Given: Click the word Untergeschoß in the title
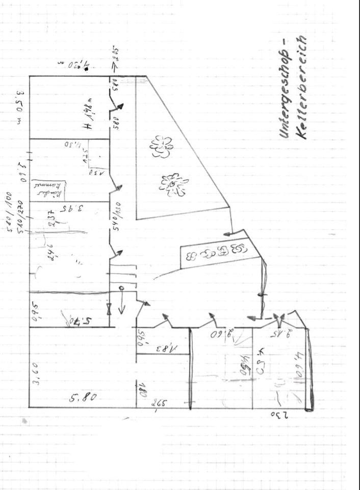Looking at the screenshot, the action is (284, 93).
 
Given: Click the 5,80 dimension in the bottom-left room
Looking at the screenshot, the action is (82, 396).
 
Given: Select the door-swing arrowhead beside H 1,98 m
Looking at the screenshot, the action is (121, 107).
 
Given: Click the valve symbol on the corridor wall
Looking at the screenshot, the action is (109, 308).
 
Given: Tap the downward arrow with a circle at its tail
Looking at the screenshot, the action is (122, 301).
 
